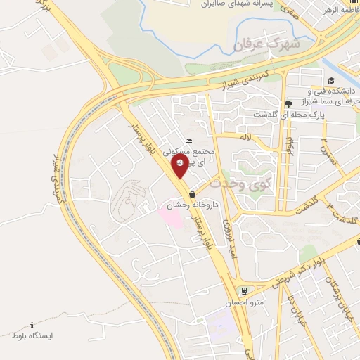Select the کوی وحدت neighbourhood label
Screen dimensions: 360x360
pyautogui.click(x=240, y=181)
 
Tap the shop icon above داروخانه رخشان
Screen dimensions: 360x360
pyautogui.click(x=193, y=195)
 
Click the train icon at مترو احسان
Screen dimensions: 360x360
pyautogui.click(x=244, y=290)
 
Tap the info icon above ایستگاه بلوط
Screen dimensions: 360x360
pyautogui.click(x=32, y=324)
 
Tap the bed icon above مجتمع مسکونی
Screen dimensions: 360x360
pyautogui.click(x=186, y=141)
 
